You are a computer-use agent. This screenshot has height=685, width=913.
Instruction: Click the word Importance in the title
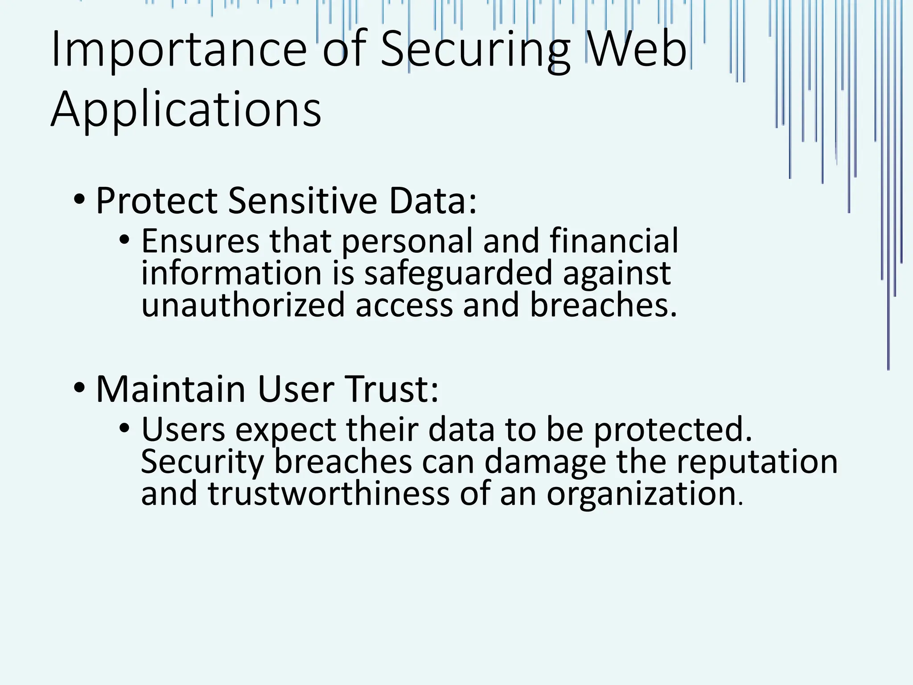tap(178, 49)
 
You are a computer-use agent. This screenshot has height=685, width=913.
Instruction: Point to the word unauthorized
tap(243, 305)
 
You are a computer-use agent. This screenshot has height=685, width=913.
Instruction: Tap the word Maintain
tap(171, 389)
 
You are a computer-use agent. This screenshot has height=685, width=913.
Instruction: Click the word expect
tap(285, 430)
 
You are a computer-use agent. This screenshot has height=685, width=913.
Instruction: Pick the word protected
tap(673, 430)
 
